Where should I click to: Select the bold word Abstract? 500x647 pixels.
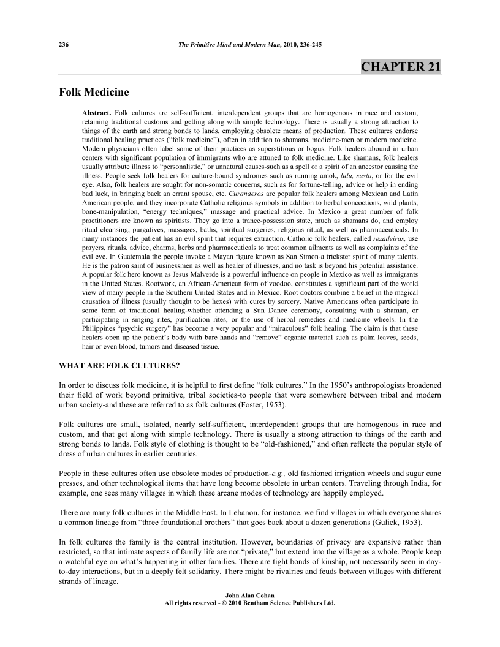coord(97,114)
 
